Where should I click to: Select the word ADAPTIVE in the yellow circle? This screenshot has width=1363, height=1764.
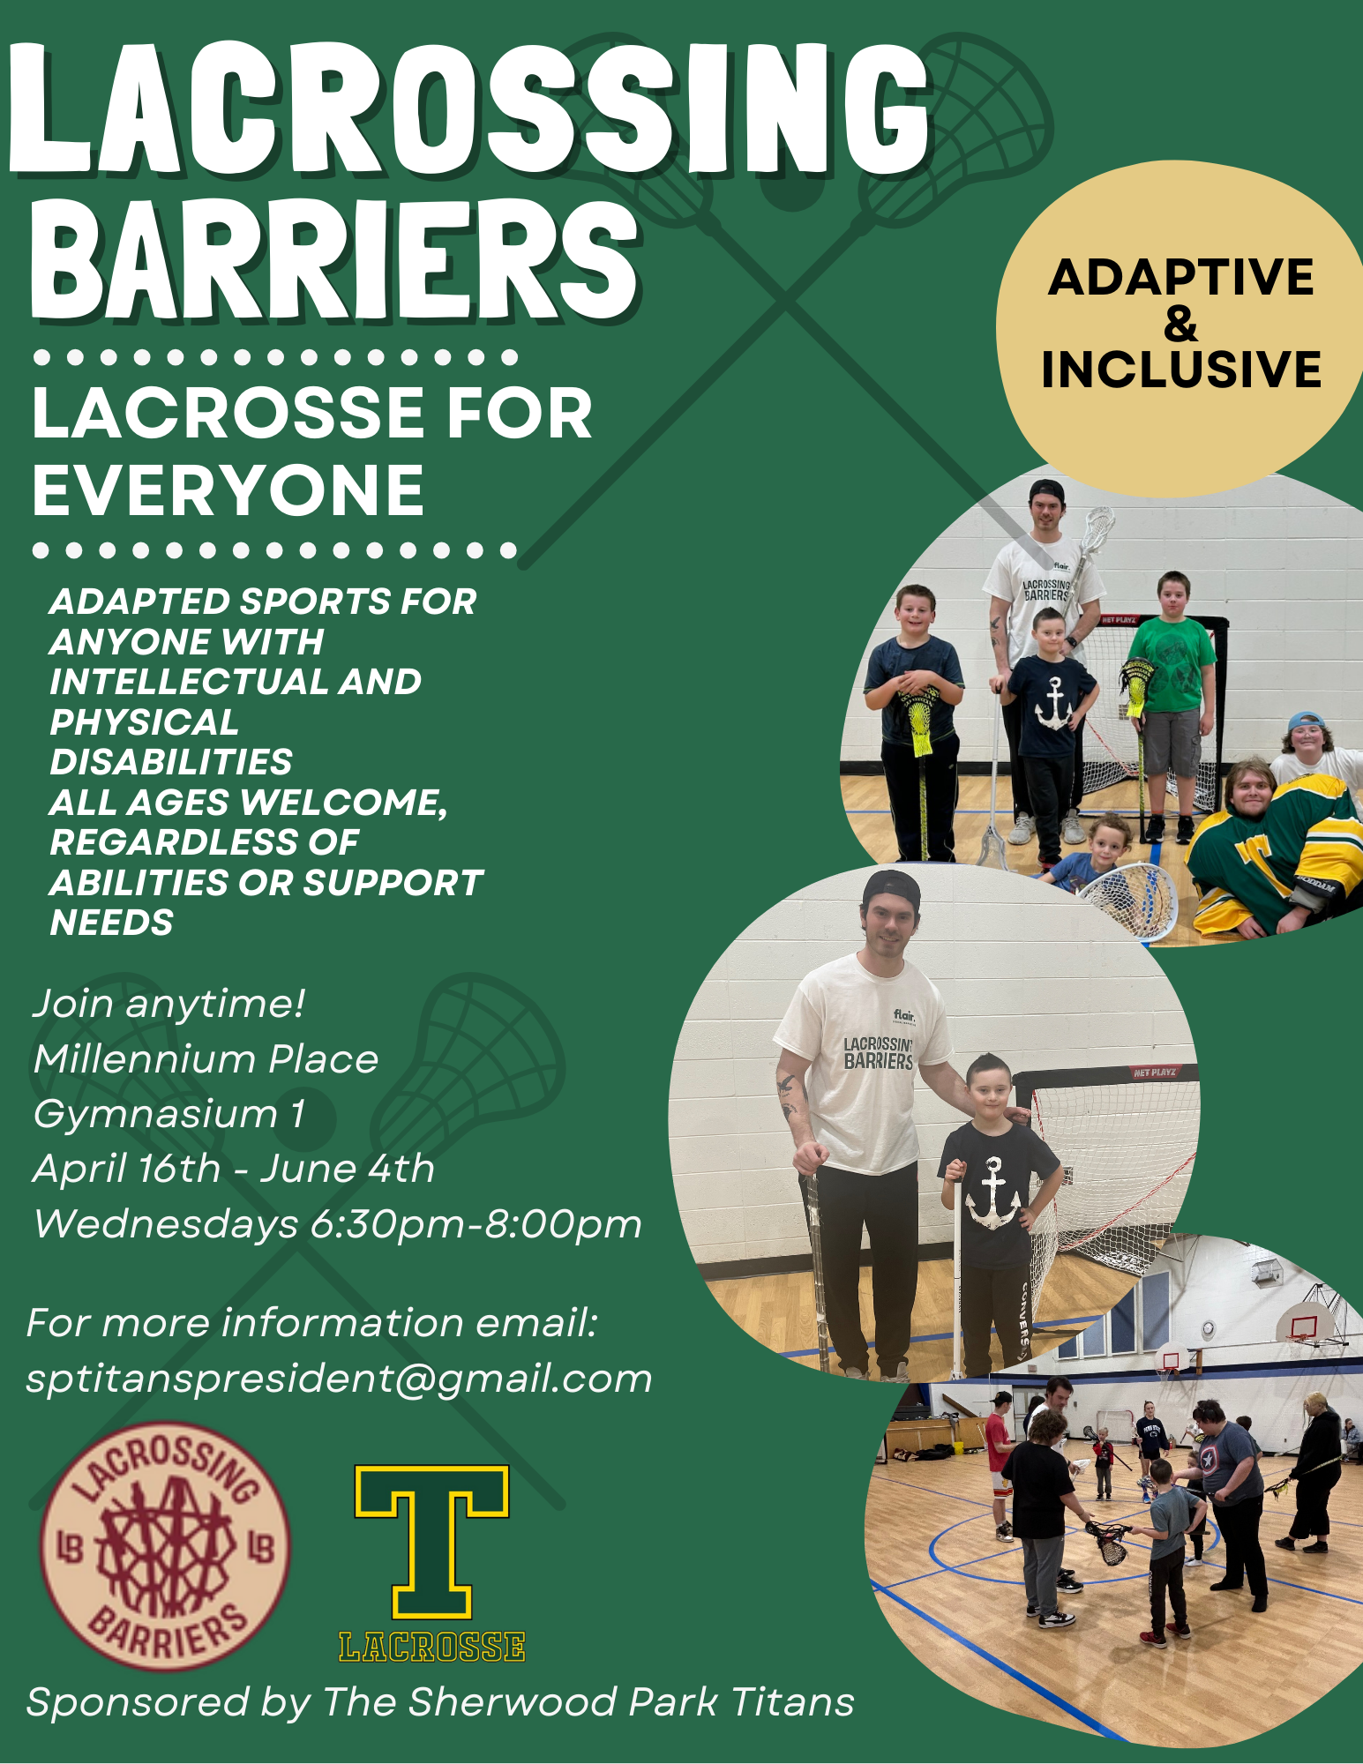point(1181,277)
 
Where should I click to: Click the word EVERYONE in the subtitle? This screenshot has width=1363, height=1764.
point(228,490)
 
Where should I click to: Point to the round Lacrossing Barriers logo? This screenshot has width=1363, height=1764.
point(165,1546)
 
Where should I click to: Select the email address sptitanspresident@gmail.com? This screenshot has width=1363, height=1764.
point(339,1379)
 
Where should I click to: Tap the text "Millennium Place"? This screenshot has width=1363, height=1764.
point(206,1058)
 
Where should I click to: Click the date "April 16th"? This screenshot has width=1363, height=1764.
point(127,1169)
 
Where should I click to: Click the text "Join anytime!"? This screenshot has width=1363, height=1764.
point(169,1005)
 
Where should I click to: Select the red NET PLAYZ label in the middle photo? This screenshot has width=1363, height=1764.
point(1155,1073)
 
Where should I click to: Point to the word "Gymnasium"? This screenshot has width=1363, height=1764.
point(155,1115)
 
